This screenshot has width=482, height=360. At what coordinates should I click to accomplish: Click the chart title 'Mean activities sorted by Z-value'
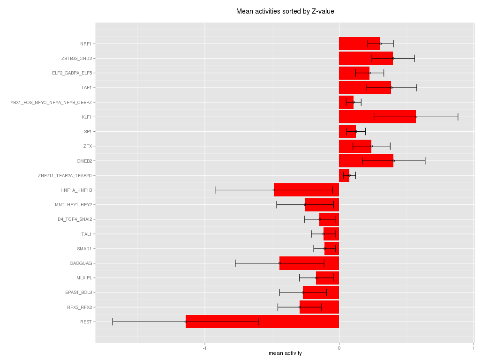[x=285, y=11]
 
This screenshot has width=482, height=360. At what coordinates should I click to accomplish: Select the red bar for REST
[x=262, y=322]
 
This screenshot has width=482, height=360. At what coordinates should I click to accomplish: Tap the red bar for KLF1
[x=377, y=117]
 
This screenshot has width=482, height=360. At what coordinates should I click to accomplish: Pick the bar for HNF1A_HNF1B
[x=306, y=190]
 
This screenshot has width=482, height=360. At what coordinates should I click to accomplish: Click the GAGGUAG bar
[x=309, y=263]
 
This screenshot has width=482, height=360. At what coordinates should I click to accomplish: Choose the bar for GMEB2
[x=366, y=161]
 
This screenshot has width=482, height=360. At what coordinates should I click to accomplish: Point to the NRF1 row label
[x=86, y=44]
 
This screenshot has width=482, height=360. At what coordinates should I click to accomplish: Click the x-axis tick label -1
[x=204, y=347]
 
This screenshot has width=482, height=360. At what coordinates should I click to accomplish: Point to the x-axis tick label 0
[x=339, y=347]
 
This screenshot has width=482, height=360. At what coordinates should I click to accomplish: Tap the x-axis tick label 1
[x=473, y=347]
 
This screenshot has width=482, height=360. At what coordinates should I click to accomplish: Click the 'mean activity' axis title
[x=285, y=353]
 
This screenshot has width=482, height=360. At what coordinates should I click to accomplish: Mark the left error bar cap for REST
[x=113, y=322]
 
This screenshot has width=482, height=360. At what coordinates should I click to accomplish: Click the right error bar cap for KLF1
[x=458, y=117]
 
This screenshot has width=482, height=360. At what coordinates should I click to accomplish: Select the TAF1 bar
[x=365, y=88]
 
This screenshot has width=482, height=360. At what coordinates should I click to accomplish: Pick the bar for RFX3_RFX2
[x=319, y=307]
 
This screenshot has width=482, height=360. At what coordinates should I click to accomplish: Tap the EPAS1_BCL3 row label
[x=79, y=292]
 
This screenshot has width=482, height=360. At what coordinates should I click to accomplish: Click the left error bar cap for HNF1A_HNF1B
[x=215, y=190]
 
